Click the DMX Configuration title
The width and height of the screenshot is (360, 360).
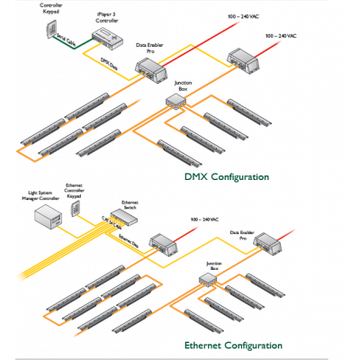click(x=226, y=177)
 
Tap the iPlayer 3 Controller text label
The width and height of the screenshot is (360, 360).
click(x=109, y=18)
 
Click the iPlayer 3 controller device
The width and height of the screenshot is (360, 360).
click(x=106, y=35)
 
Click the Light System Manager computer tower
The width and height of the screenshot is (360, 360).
click(x=44, y=217)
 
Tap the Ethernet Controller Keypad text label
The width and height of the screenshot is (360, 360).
click(x=76, y=194)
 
